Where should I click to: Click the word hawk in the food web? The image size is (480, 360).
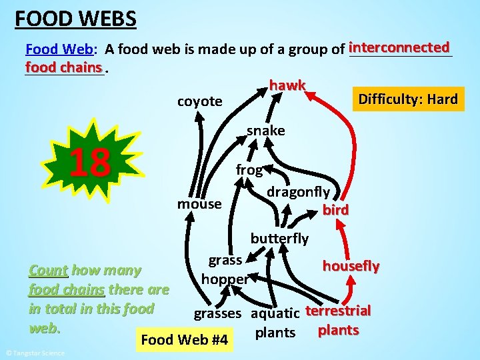pyautogui.click(x=287, y=85)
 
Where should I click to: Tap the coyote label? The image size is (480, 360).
pyautogui.click(x=199, y=101)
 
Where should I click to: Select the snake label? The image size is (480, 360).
pyautogui.click(x=265, y=131)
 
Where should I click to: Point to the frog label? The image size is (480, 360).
pyautogui.click(x=249, y=170)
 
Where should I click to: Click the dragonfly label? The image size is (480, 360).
pyautogui.click(x=298, y=192)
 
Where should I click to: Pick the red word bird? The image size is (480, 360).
pyautogui.click(x=335, y=211)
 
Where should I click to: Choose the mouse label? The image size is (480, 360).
pyautogui.click(x=199, y=203)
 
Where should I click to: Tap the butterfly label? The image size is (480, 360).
pyautogui.click(x=279, y=238)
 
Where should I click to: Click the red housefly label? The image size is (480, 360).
pyautogui.click(x=351, y=266)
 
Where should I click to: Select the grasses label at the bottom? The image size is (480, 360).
pyautogui.click(x=217, y=313)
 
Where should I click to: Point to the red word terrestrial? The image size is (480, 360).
pyautogui.click(x=338, y=311)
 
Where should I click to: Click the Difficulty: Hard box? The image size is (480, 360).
pyautogui.click(x=407, y=100)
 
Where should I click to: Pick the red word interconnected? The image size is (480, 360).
pyautogui.click(x=399, y=47)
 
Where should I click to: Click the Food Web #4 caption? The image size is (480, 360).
pyautogui.click(x=185, y=341)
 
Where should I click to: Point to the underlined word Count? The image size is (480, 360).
pyautogui.click(x=48, y=271)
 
